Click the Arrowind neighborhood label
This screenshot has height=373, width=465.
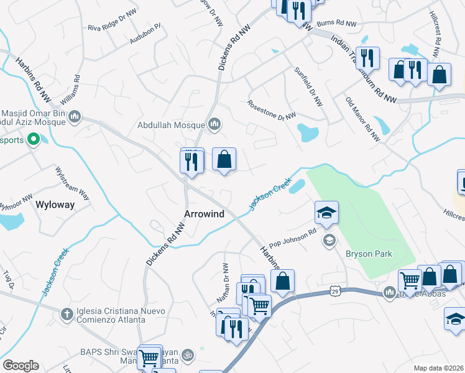[x=204, y=213]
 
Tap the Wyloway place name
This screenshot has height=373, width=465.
[x=55, y=204]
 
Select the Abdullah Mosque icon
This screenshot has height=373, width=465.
[x=214, y=124]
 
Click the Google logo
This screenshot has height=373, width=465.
[x=21, y=366]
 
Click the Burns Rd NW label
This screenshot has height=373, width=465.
[x=337, y=24]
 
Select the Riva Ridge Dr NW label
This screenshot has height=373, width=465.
[x=112, y=21]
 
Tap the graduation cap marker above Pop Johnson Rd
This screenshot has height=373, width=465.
[x=326, y=213]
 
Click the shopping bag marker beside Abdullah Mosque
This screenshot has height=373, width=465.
[x=224, y=160]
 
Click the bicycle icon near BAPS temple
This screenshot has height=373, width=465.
[x=188, y=356]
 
